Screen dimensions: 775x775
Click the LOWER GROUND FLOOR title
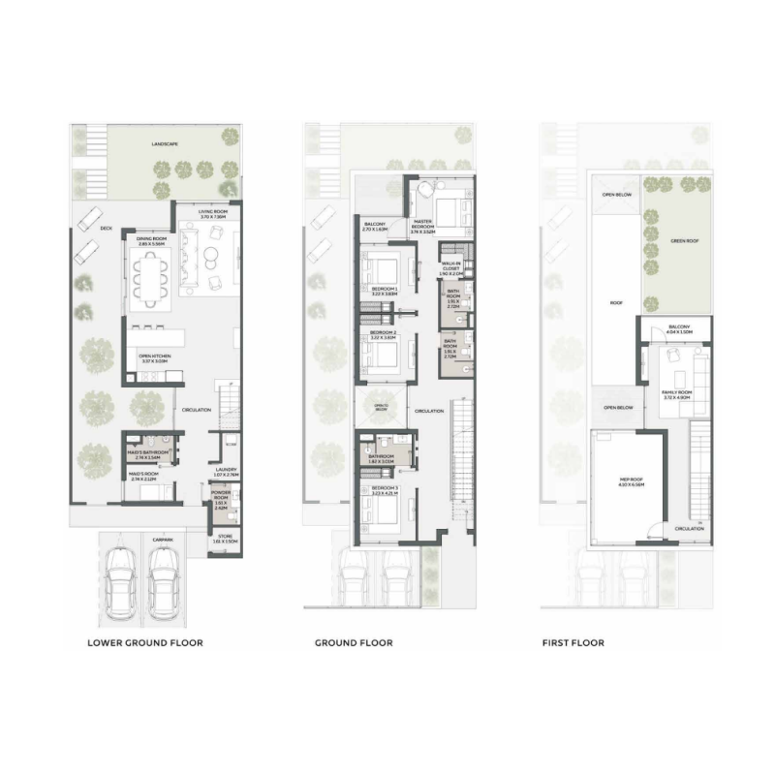[144, 642]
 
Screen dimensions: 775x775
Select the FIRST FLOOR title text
[573, 642]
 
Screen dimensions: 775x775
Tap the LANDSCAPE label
[165, 144]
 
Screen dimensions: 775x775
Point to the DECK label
[107, 229]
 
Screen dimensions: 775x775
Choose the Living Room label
[212, 213]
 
